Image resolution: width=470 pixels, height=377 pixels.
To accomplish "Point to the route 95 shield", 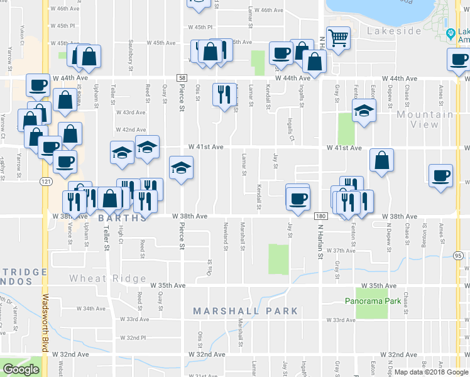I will pos(458,256).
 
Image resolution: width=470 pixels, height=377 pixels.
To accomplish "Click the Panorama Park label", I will pos(373,301).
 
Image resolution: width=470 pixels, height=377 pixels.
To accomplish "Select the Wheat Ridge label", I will pos(107,278).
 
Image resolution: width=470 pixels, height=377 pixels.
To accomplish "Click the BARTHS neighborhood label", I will pos(122,218).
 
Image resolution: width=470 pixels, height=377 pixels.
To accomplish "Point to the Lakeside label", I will pos(393,31).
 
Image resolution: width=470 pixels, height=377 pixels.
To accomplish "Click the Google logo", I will pos(21,369).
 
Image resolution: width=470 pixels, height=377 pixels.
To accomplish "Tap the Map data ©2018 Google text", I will pos(430,372).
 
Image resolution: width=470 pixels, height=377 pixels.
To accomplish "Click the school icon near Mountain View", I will pos(364,111).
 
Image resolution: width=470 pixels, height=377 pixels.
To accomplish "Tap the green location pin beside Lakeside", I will pos(450,33).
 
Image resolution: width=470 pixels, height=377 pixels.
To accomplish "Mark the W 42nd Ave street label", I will pos(129,129).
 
